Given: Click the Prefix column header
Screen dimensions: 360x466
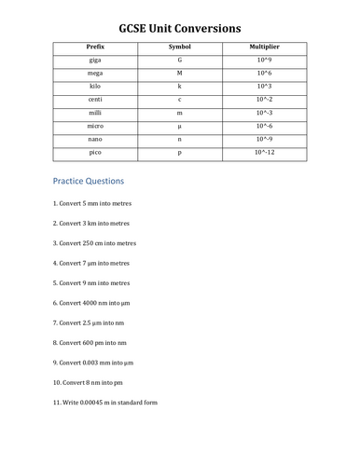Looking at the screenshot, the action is point(94,47).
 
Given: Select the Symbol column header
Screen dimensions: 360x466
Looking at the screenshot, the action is point(179,47).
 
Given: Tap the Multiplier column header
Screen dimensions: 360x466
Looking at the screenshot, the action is point(265,47).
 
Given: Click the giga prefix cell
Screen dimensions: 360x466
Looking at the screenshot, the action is point(94,60).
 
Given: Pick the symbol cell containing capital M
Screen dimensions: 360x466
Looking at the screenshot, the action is point(179,73).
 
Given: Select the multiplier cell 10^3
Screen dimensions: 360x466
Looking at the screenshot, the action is point(265,86).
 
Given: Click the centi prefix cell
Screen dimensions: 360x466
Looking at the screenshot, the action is point(94,99).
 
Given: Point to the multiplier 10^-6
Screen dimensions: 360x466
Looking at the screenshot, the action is point(265,125).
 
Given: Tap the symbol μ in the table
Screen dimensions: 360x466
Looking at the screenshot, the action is point(179,125).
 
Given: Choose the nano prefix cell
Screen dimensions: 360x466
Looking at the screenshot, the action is point(94,138).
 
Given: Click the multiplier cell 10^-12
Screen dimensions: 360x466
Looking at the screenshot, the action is point(265,151).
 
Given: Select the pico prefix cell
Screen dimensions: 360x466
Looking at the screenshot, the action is point(94,151).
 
